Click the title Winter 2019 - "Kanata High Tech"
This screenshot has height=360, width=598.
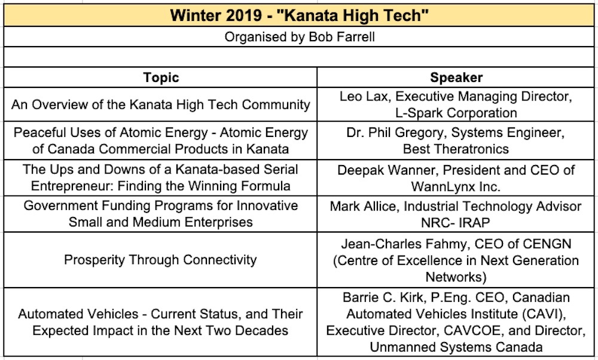(300, 15)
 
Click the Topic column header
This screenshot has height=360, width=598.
(161, 78)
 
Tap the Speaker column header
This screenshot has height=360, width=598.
(456, 78)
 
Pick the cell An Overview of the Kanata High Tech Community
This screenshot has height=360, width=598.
(161, 105)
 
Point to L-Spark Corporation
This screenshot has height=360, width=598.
(456, 112)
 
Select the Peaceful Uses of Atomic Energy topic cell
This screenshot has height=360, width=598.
(161, 141)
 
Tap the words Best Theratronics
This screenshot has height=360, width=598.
(456, 149)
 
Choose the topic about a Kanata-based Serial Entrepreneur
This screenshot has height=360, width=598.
(161, 178)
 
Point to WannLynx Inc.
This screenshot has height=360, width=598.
(456, 186)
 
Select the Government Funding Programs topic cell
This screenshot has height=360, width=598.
(161, 214)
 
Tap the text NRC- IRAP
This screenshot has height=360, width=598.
(456, 222)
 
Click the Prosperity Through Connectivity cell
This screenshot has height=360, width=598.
(161, 260)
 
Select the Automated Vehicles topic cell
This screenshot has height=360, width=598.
(161, 322)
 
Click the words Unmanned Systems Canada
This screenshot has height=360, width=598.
(456, 347)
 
